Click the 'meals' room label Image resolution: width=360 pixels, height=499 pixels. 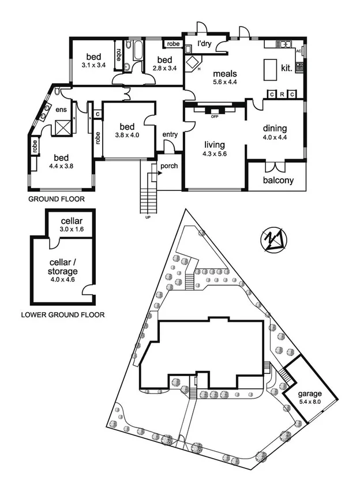pos(225,74)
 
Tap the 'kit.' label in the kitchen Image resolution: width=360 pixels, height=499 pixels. pos(286,67)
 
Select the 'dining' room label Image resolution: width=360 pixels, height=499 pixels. pos(275,129)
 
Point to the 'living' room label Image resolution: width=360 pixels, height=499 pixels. pos(213,145)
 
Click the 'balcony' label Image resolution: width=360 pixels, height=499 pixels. pos(278,180)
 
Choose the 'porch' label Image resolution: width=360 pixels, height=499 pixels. pos(169,167)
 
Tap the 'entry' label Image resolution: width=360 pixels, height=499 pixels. pos(170,134)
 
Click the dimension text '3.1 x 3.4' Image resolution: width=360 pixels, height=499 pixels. pos(93,66)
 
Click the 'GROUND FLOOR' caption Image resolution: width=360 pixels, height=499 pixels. pos(57,199)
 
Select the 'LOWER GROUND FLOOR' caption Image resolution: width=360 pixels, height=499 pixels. pos(62,315)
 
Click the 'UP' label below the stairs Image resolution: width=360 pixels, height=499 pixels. pos(148,217)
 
